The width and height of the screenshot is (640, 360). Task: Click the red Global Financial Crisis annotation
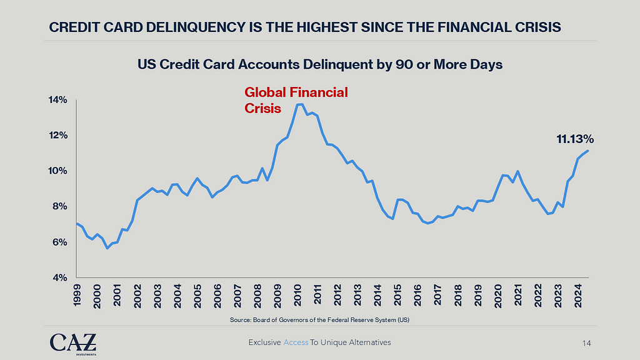click(295, 100)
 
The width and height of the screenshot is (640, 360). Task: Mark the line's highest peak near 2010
click(299, 104)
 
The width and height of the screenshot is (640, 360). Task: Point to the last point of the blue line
click(587, 151)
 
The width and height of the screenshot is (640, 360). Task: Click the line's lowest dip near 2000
click(107, 248)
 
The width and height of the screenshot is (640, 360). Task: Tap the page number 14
click(586, 343)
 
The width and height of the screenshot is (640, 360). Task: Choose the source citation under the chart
click(319, 320)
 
